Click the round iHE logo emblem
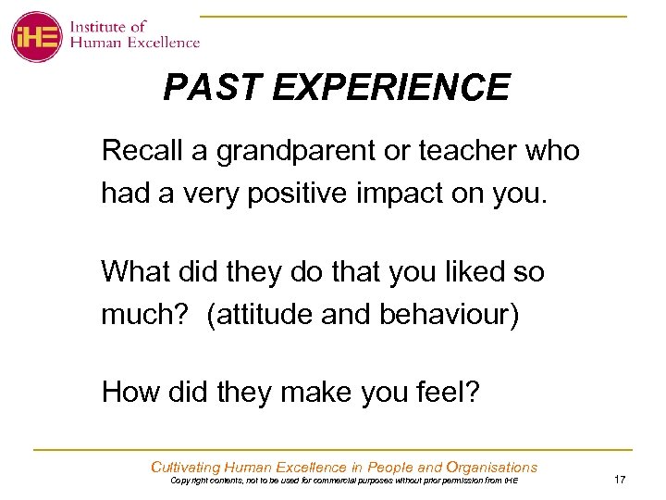click(37, 36)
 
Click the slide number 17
click(620, 479)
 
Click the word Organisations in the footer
click(491, 467)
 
